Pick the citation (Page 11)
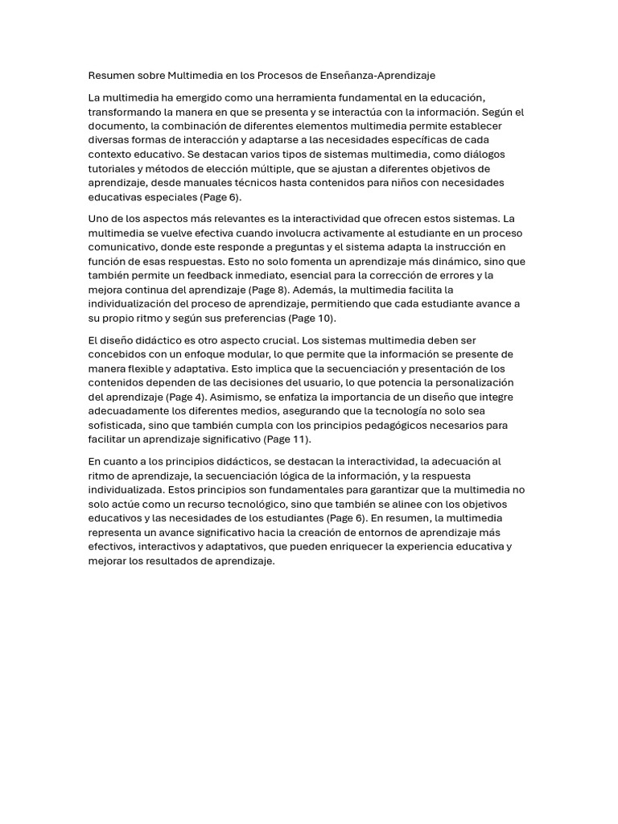tap(286, 439)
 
